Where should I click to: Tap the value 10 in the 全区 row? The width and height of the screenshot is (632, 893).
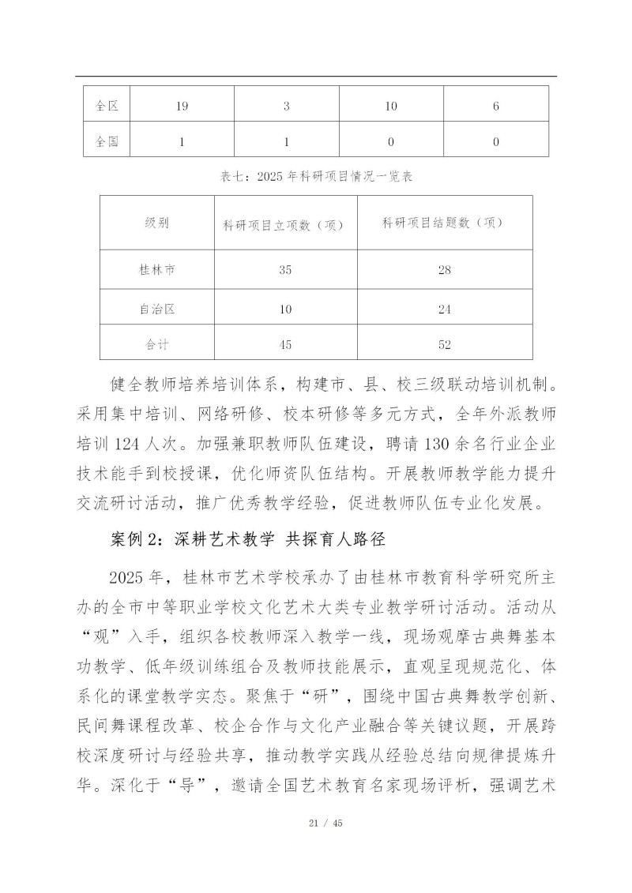click(x=391, y=105)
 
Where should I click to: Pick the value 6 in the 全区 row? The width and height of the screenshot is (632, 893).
click(x=496, y=105)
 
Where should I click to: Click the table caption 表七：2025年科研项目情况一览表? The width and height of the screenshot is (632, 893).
click(x=316, y=178)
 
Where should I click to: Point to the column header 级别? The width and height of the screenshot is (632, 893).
click(x=156, y=223)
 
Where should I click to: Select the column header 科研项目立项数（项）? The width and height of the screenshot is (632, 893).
click(x=286, y=224)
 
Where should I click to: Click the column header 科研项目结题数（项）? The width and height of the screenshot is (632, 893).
click(x=444, y=223)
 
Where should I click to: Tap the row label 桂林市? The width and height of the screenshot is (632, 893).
click(x=156, y=270)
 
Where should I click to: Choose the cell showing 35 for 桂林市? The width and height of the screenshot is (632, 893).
click(x=286, y=270)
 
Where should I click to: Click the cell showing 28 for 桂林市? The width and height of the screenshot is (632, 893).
click(x=444, y=270)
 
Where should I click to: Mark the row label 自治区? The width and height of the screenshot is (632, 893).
click(x=156, y=310)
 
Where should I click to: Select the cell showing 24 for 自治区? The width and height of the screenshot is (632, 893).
click(x=444, y=310)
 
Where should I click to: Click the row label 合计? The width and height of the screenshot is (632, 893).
click(x=156, y=344)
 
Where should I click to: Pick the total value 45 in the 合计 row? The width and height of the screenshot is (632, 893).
click(x=286, y=344)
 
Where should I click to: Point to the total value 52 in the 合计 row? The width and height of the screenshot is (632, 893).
click(x=444, y=344)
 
